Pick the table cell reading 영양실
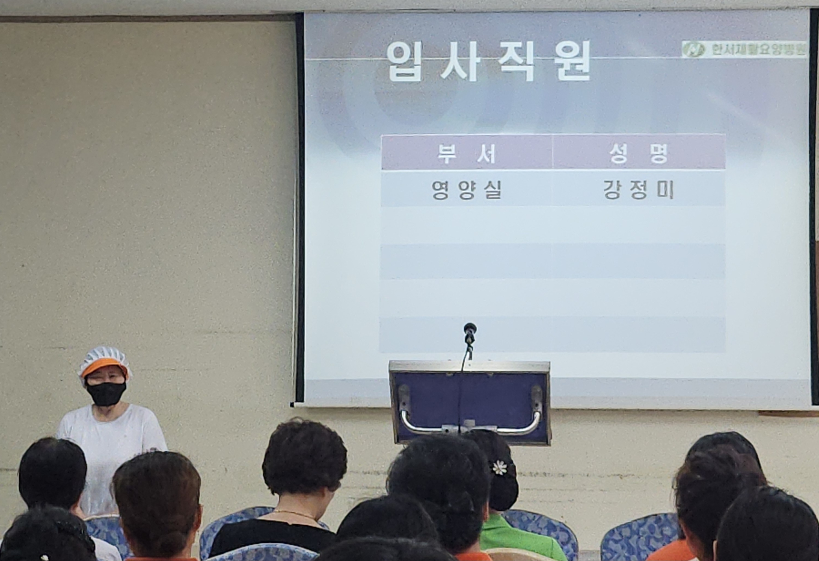[x=467, y=190]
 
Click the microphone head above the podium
[x=470, y=332]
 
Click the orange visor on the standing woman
[x=104, y=366]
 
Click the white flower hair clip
[x=499, y=468]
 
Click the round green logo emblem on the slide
[x=693, y=49]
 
